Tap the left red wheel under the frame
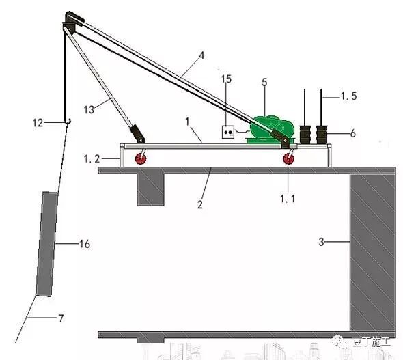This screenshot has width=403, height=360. coord(141,158)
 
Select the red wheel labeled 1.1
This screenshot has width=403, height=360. coord(288,159)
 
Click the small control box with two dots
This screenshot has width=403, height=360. coord(228,133)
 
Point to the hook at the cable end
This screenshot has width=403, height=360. coord(68,122)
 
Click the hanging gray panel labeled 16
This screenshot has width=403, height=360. coord(46,244)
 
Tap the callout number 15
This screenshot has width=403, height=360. coord(226,79)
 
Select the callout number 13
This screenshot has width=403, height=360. coord(89,110)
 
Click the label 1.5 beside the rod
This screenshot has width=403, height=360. coord(348,96)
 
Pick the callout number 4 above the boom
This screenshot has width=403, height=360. coord(201,55)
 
